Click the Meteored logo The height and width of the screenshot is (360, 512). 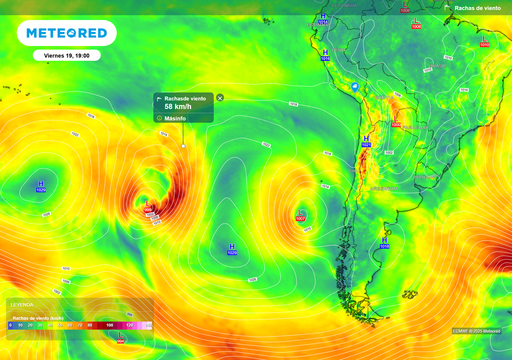[x=66, y=33]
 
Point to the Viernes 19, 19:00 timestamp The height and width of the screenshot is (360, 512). [x=66, y=55]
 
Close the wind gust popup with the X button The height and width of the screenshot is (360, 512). [x=220, y=98]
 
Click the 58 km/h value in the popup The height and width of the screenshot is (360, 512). [x=178, y=106]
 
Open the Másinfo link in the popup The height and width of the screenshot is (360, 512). [x=174, y=118]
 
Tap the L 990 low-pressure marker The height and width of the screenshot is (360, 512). [x=148, y=206]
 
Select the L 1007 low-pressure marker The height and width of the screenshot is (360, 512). [x=300, y=215]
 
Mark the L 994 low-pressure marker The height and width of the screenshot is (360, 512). [x=120, y=337]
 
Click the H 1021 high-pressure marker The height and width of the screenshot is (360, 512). [x=366, y=141]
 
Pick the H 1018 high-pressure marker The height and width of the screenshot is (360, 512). [x=384, y=242]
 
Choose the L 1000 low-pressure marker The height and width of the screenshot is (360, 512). [x=396, y=121]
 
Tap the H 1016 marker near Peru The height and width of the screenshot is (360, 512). [x=325, y=55]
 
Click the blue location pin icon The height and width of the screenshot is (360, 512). [x=354, y=87]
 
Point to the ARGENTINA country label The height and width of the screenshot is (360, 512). [x=384, y=188]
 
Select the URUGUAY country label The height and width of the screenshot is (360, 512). [x=425, y=177]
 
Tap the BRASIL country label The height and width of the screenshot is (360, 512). [x=437, y=65]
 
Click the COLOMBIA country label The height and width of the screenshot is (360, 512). [x=344, y=5]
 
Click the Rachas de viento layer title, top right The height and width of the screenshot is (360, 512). [x=477, y=8]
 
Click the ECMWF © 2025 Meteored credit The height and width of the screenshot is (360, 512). [x=476, y=331]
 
